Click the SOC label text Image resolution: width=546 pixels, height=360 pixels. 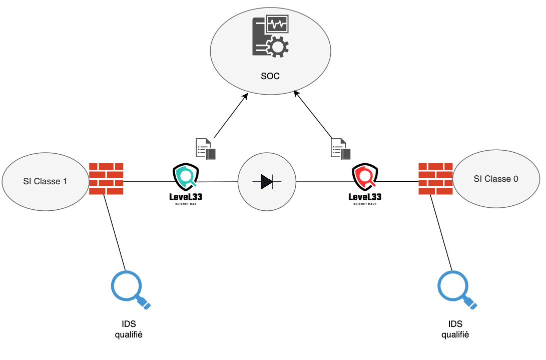click(x=270, y=77)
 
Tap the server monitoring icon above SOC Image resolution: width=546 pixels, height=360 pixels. click(x=270, y=36)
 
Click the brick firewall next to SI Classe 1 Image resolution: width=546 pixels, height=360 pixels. click(x=106, y=179)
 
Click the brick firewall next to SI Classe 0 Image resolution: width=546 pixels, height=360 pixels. click(x=435, y=179)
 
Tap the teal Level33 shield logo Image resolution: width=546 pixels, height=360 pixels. click(x=186, y=176)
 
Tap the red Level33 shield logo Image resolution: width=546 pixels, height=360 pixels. click(x=365, y=176)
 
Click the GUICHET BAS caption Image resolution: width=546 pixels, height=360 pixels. click(x=186, y=204)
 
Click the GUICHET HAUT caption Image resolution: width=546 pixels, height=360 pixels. click(x=365, y=204)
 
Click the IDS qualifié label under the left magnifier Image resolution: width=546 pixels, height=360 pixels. click(x=129, y=329)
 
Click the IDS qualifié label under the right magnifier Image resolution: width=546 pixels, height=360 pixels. click(x=455, y=329)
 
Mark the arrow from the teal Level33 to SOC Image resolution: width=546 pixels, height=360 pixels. click(x=230, y=116)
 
